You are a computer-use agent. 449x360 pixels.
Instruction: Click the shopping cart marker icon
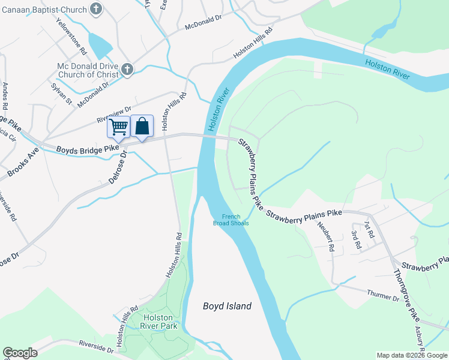click(x=119, y=127)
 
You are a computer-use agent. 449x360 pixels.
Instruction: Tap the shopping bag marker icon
click(x=142, y=126)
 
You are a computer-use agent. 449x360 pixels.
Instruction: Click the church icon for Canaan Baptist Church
click(x=95, y=9)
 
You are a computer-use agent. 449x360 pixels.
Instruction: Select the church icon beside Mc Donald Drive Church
click(x=126, y=70)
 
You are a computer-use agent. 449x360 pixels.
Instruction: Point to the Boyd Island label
click(x=226, y=306)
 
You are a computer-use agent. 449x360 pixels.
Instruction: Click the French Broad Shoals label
click(x=231, y=220)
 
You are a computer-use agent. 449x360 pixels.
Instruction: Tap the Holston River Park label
click(x=158, y=322)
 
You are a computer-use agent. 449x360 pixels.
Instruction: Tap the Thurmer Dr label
click(x=382, y=295)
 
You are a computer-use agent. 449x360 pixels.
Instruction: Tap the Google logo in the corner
click(x=20, y=353)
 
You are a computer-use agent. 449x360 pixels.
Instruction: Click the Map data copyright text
click(x=411, y=355)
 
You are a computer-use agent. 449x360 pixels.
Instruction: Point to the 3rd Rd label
click(x=356, y=239)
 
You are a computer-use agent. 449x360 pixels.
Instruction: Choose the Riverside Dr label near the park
click(x=96, y=346)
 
